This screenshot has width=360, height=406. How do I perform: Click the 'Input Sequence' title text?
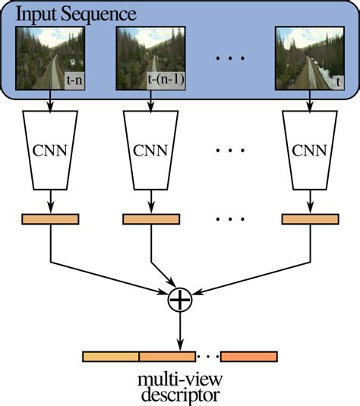pyautogui.click(x=76, y=14)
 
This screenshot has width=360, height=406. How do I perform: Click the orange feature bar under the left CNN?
pyautogui.click(x=50, y=219)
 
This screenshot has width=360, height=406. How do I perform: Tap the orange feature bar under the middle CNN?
pyautogui.click(x=151, y=219)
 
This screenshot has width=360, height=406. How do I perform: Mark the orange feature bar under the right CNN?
pyautogui.click(x=310, y=219)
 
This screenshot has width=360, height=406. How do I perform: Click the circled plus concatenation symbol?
pyautogui.click(x=180, y=300)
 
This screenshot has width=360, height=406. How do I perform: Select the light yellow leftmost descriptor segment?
pyautogui.click(x=110, y=355)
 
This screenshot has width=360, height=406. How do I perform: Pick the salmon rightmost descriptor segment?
pyautogui.click(x=249, y=355)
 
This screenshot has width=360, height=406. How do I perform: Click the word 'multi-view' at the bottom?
pyautogui.click(x=180, y=379)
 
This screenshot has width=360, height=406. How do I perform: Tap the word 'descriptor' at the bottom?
pyautogui.click(x=180, y=395)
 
